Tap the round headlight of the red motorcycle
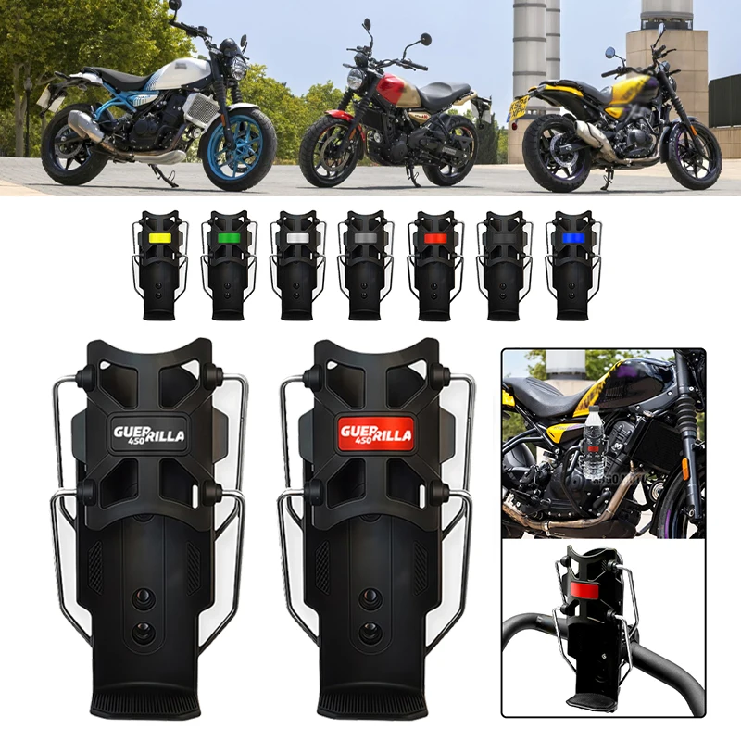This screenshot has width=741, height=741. [x=354, y=80]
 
